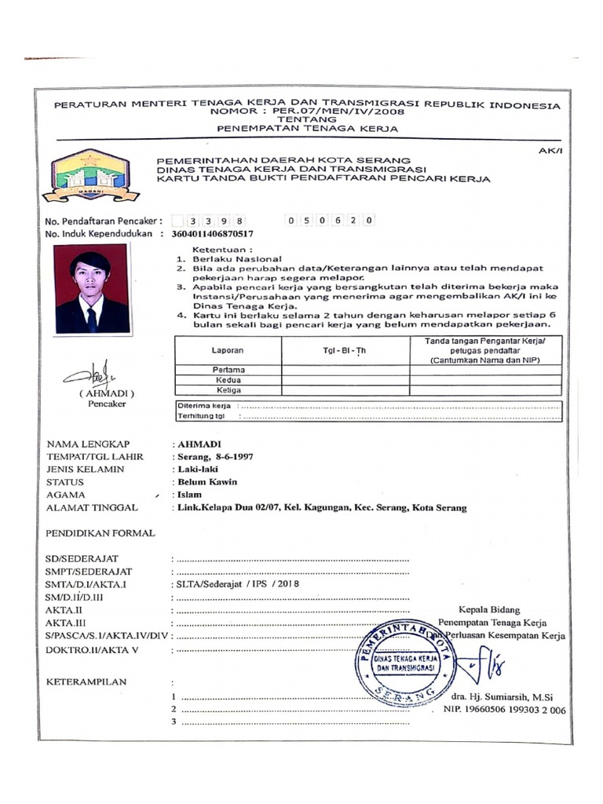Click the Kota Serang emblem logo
90,175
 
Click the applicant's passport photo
91,288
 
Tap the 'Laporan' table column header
228,350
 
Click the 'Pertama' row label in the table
228,369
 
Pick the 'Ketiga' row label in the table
228,390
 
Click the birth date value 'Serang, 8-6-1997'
217,456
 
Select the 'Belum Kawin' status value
207,482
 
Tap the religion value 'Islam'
190,495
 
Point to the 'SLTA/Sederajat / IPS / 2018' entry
239,584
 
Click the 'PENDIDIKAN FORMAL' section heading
100,533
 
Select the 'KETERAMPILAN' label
87,682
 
